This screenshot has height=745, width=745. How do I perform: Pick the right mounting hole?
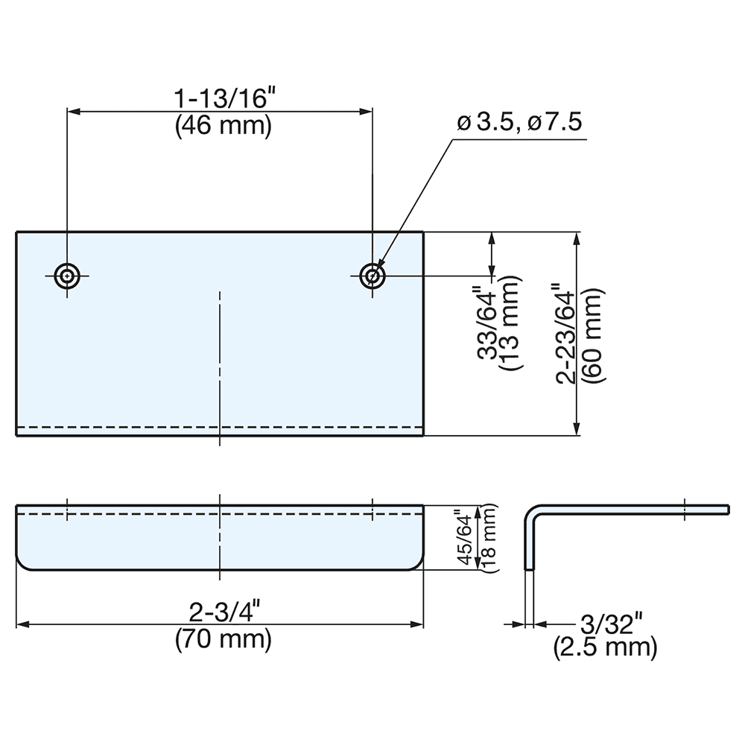(x=372, y=276)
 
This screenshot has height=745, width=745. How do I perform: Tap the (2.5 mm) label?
(x=605, y=647)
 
